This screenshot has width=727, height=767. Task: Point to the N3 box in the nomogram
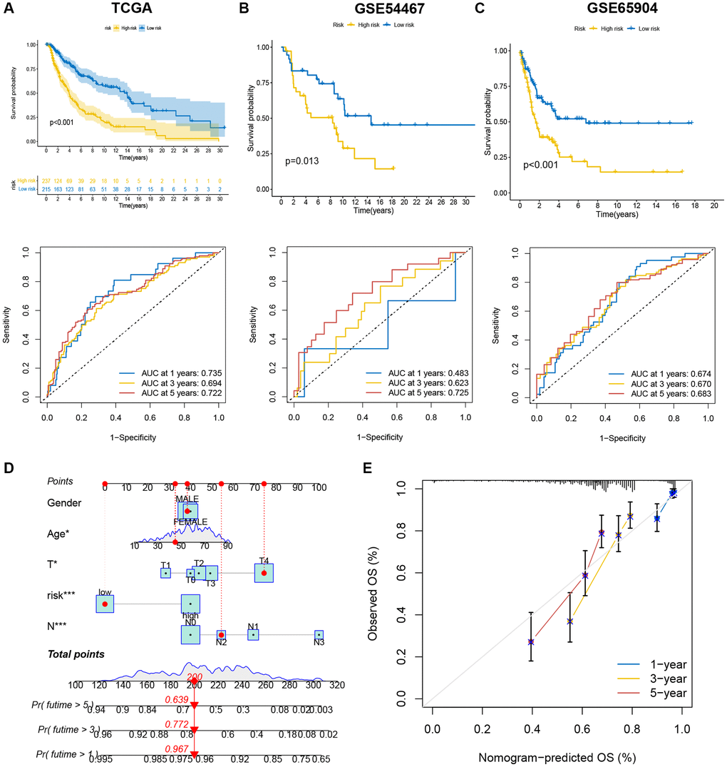coord(319,634)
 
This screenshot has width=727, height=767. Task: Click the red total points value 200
coord(195,676)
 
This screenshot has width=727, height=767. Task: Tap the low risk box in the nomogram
coord(105,604)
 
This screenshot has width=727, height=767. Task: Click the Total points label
coord(76,654)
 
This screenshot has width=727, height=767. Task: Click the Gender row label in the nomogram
coord(64,502)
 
